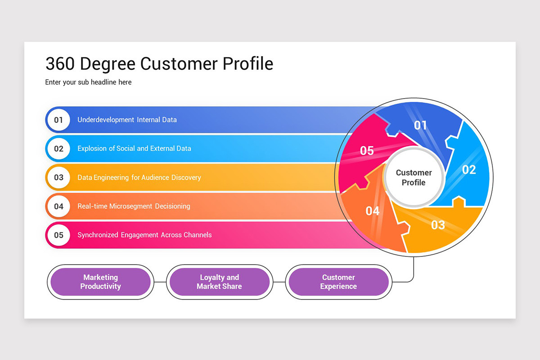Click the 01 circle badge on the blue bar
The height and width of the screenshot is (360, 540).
tap(58, 120)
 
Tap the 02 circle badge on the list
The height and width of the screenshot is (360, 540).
tap(58, 148)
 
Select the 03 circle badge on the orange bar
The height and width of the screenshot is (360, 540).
tap(58, 177)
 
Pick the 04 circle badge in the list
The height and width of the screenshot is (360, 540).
tap(58, 206)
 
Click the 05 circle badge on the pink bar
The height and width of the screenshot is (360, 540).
tap(58, 235)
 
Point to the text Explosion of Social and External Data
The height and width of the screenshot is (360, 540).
tap(134, 148)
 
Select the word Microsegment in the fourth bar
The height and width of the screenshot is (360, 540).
tap(131, 206)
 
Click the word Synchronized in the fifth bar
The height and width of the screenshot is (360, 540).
tap(98, 235)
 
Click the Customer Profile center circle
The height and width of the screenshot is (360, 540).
tap(414, 178)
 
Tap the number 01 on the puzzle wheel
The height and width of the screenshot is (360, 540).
tap(420, 125)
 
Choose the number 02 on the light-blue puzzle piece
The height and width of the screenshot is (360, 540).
tap(469, 170)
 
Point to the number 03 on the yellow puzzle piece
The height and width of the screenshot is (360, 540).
tap(438, 225)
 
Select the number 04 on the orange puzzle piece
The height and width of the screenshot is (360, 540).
tap(373, 211)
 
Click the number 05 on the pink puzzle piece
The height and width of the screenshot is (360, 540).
tap(367, 151)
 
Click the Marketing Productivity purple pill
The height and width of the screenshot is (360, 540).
tap(100, 282)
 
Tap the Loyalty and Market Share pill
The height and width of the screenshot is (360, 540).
tap(219, 282)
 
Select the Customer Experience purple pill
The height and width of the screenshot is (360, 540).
tap(338, 282)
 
